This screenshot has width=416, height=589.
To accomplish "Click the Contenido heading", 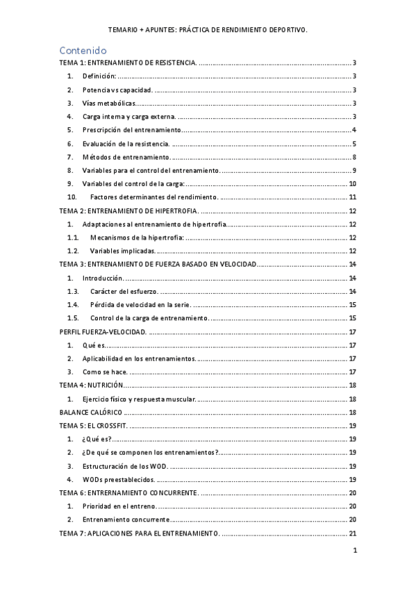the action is [83, 50].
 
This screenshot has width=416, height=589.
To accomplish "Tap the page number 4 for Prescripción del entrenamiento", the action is [354, 130].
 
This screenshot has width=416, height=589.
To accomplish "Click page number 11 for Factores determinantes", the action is [352, 197].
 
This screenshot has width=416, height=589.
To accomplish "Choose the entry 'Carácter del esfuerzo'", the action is [124, 291].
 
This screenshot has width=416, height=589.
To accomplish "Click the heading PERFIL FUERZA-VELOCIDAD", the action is [102, 331].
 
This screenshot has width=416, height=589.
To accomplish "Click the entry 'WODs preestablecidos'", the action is [118, 479].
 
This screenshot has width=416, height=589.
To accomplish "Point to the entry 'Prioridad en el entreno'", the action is [119, 506].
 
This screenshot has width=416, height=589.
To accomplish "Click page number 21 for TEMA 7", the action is [352, 533].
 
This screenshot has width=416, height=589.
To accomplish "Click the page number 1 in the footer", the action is [354, 551].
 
